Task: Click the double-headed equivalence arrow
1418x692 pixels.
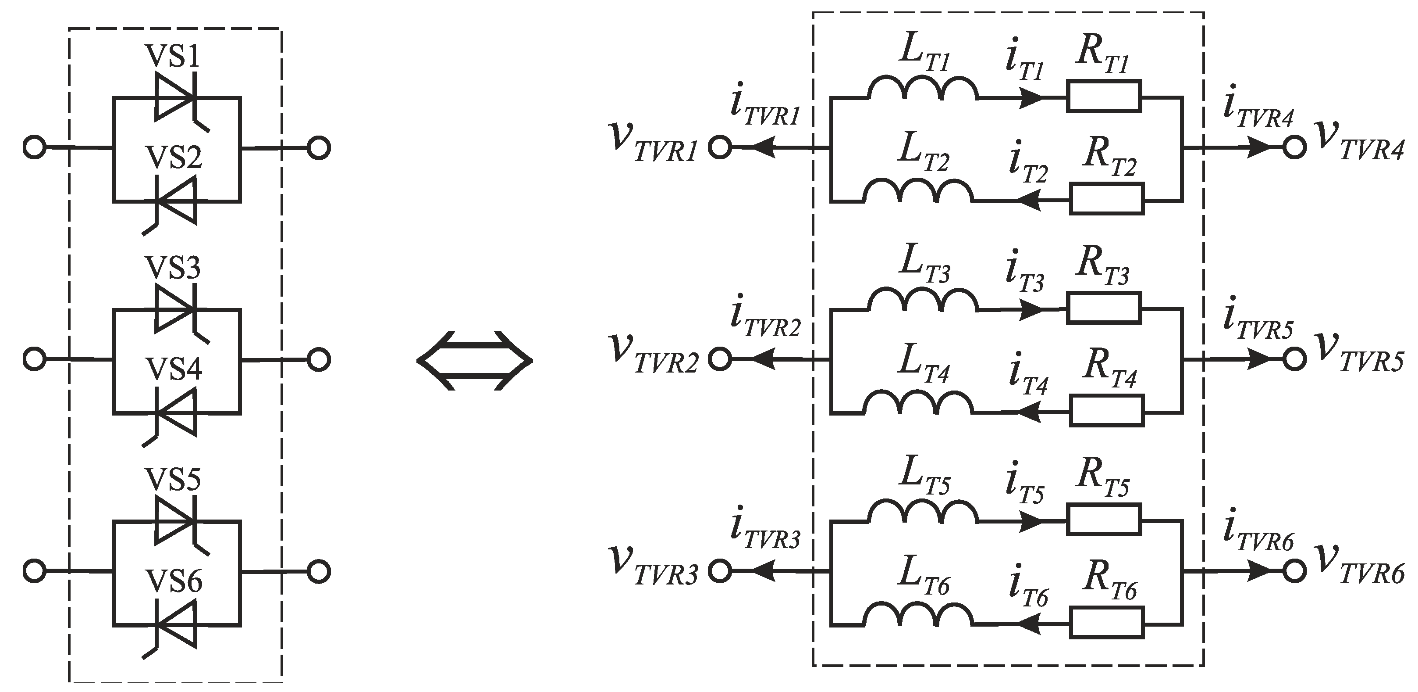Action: [x=475, y=360]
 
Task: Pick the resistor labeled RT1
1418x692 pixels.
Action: [x=1104, y=97]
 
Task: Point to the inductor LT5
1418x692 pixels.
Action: [x=923, y=513]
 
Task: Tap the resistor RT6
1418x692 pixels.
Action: [x=1107, y=623]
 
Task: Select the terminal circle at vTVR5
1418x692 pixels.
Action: [x=1294, y=359]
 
